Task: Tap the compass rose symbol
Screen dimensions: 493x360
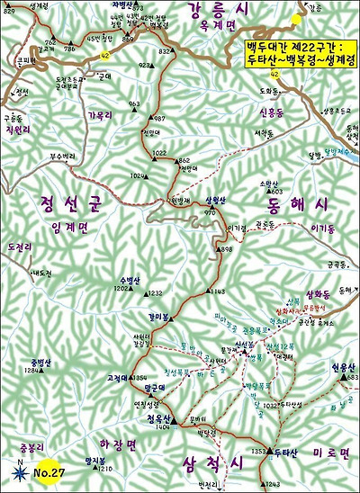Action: (x=19, y=466)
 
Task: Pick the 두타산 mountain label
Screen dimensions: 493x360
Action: (x=285, y=451)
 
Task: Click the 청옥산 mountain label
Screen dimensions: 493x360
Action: (x=157, y=417)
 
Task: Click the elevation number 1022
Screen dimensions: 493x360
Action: (x=159, y=153)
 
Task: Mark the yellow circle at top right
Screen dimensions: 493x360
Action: (x=296, y=18)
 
